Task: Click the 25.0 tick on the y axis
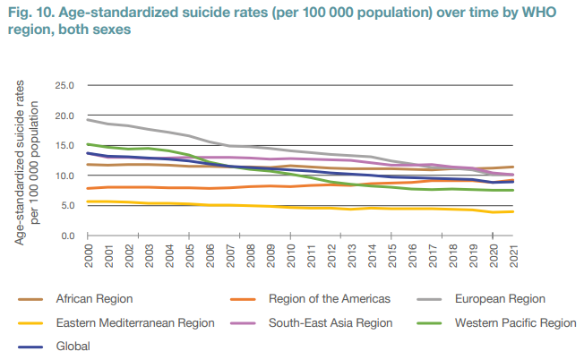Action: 65,86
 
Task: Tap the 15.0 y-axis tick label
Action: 65,146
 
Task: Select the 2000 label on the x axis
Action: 89,254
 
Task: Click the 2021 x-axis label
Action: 512,254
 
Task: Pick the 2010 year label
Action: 290,254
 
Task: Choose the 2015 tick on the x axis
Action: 391,254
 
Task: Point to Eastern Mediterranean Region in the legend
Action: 134,322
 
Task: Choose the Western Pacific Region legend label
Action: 515,322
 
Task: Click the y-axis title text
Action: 28,161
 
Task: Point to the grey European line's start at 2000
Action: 88,120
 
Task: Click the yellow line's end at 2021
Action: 512,211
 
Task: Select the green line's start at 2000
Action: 88,144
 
